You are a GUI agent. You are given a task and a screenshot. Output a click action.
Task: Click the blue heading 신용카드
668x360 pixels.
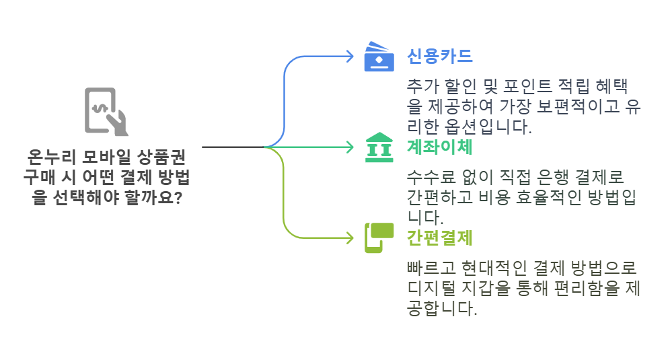(x=440, y=56)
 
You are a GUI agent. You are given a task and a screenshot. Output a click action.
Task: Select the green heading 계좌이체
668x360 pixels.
(x=440, y=146)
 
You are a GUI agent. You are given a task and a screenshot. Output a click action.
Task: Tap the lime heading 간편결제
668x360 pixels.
(x=440, y=237)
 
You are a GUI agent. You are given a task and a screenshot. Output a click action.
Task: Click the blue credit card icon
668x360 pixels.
(x=380, y=57)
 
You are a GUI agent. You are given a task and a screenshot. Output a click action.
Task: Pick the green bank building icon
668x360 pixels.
(x=380, y=147)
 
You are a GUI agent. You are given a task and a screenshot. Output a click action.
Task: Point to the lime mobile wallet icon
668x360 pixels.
(x=379, y=237)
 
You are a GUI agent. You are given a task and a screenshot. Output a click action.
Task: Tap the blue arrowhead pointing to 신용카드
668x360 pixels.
(x=349, y=56)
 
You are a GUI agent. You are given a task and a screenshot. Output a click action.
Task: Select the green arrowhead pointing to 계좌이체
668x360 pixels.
(x=349, y=147)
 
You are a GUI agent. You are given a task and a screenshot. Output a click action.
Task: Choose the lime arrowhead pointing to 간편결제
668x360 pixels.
(x=349, y=237)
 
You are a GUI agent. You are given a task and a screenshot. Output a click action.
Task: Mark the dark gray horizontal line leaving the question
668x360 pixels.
(x=232, y=147)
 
